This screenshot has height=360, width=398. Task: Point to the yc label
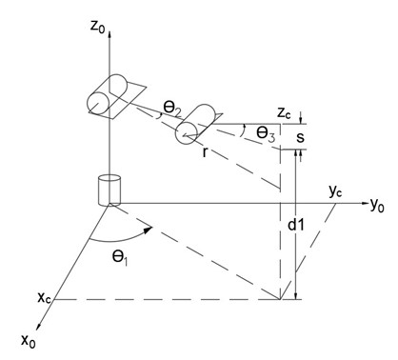pos(335,190)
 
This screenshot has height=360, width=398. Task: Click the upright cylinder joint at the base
pos(110,188)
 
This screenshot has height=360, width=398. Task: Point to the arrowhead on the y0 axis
pos(362,203)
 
